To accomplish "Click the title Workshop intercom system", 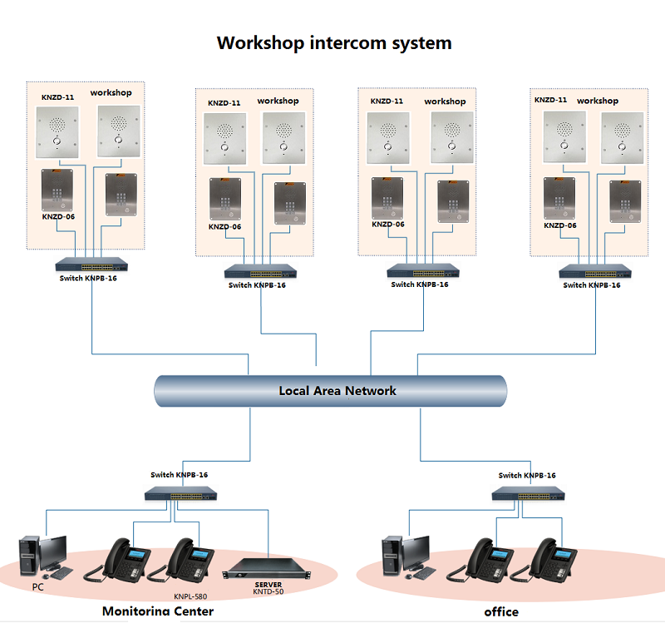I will click(x=334, y=42).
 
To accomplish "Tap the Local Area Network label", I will click(x=337, y=390).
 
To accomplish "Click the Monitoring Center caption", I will click(x=158, y=611).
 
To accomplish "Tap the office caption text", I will click(x=500, y=611).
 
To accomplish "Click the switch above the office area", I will click(x=527, y=492).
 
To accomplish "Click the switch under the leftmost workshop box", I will click(x=93, y=264).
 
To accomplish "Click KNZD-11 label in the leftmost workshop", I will click(x=58, y=97).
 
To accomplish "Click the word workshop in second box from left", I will click(x=278, y=101).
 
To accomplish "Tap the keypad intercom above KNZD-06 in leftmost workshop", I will click(x=57, y=190).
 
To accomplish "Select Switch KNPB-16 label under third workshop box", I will click(x=420, y=284).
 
